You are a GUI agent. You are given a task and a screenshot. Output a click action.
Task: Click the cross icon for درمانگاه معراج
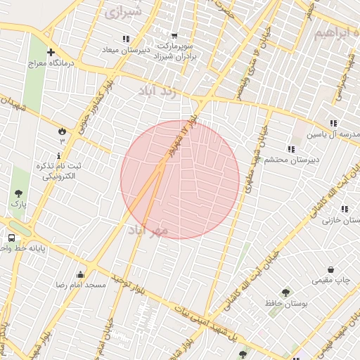coord(51,52)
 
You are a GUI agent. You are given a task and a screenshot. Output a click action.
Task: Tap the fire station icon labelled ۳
coord(62,131)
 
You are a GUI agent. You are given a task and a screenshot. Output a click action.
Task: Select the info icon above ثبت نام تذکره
coord(59,154)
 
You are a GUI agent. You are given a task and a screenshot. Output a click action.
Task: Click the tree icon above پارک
coord(18,193)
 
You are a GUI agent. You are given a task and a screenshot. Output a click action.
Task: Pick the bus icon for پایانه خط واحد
coord(12,238)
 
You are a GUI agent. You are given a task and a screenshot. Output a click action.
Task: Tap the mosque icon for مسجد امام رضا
coord(80,274)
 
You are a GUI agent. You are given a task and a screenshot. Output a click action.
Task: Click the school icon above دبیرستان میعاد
coord(125,39)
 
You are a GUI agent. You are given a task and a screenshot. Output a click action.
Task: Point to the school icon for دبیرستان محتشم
coord(290,148)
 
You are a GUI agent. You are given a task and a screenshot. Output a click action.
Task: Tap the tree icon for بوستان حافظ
coord(285,292)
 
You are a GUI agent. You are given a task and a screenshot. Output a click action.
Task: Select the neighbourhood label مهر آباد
coord(150,230)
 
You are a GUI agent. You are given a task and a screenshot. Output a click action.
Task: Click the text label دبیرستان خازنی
coord(340,220)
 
